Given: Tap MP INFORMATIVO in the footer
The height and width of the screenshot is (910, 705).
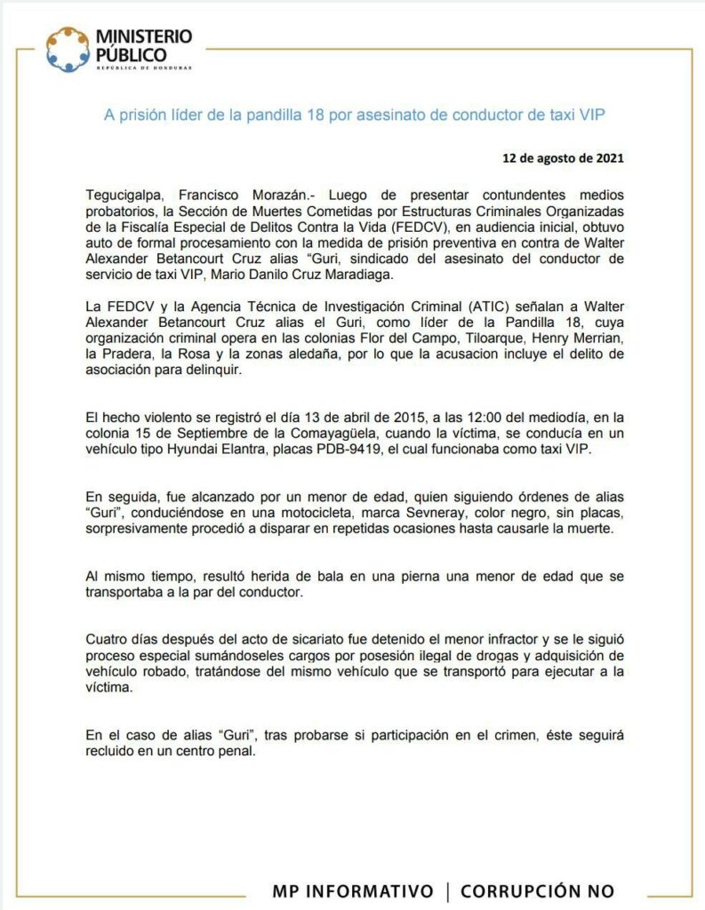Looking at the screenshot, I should (x=354, y=891).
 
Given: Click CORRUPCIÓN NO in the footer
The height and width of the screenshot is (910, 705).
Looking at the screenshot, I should (x=537, y=891).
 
